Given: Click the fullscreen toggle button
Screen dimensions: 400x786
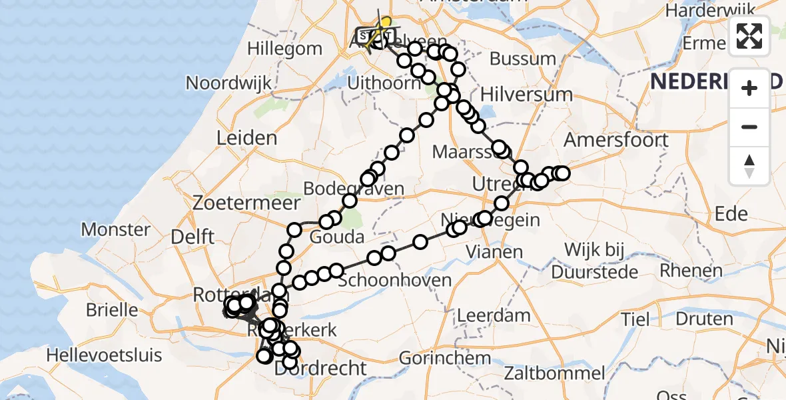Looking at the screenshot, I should pyautogui.click(x=749, y=35).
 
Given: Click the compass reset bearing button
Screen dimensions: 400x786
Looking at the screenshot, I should pyautogui.click(x=749, y=166).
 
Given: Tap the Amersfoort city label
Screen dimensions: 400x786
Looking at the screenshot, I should pyautogui.click(x=615, y=140).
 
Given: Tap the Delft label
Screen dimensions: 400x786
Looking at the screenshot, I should pyautogui.click(x=192, y=237).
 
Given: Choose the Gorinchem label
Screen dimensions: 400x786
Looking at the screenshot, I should pyautogui.click(x=445, y=358).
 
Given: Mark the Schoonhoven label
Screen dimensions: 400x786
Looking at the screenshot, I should pyautogui.click(x=395, y=280).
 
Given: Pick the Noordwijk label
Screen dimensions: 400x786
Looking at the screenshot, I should pyautogui.click(x=229, y=83).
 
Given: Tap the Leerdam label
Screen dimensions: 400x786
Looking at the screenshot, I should pyautogui.click(x=494, y=315).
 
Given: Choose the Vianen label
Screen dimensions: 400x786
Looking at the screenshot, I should pyautogui.click(x=494, y=252).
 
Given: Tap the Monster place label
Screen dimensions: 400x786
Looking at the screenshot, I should pyautogui.click(x=115, y=230).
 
